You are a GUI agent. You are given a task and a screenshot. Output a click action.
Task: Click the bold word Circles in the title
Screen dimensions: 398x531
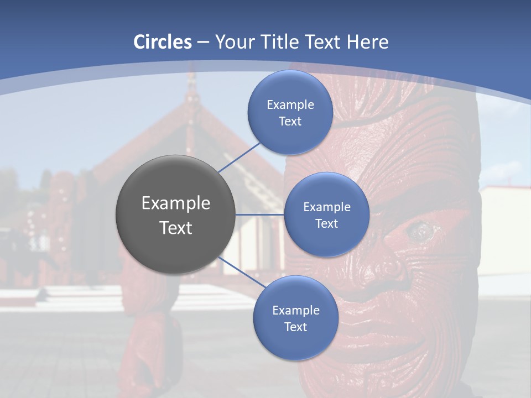tap(163, 41)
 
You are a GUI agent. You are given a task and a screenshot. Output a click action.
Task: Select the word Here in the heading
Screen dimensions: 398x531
tap(367, 41)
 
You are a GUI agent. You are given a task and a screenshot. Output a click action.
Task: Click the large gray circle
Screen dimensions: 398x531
tap(175, 214)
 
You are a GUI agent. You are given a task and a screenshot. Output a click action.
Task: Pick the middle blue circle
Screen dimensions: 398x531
tap(326, 214)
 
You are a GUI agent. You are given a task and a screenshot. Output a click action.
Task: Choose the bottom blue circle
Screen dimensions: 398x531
tap(295, 318)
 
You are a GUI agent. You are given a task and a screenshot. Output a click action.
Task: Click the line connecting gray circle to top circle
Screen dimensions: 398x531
tap(239, 157)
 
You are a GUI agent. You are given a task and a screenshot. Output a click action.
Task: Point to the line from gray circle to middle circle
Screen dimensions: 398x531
tap(260, 214)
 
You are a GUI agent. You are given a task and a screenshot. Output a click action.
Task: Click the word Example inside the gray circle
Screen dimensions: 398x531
tap(175, 203)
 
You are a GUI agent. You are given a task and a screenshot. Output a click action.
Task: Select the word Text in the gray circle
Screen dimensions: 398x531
tap(175, 228)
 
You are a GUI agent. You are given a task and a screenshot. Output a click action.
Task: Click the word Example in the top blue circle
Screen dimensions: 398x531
tap(290, 104)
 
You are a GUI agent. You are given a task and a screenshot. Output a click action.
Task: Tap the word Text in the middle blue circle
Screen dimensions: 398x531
tap(326, 223)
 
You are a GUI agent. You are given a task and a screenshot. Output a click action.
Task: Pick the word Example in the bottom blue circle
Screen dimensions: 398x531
tap(295, 310)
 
